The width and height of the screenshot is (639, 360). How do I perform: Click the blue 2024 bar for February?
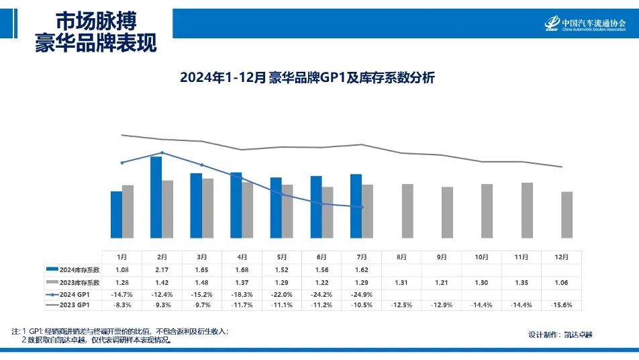click(156, 197)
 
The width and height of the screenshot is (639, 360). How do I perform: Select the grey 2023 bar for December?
click(567, 214)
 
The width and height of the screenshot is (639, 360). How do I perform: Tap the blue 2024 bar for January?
click(116, 214)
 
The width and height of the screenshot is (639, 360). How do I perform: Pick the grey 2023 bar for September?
click(447, 212)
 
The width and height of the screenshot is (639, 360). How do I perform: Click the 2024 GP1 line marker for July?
click(362, 207)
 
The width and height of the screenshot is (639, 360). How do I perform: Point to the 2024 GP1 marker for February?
click(162, 152)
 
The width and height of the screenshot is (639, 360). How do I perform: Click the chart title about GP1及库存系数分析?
click(307, 78)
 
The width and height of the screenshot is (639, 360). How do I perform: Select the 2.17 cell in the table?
click(162, 269)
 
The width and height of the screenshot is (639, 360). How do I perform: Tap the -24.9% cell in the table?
click(361, 294)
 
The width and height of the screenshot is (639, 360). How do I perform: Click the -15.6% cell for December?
click(561, 306)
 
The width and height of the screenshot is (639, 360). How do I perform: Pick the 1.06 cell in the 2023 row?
click(561, 281)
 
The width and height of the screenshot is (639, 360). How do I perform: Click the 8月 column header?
click(401, 257)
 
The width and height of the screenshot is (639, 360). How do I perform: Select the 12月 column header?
click(561, 257)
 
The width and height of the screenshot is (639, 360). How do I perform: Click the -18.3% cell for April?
click(242, 294)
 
